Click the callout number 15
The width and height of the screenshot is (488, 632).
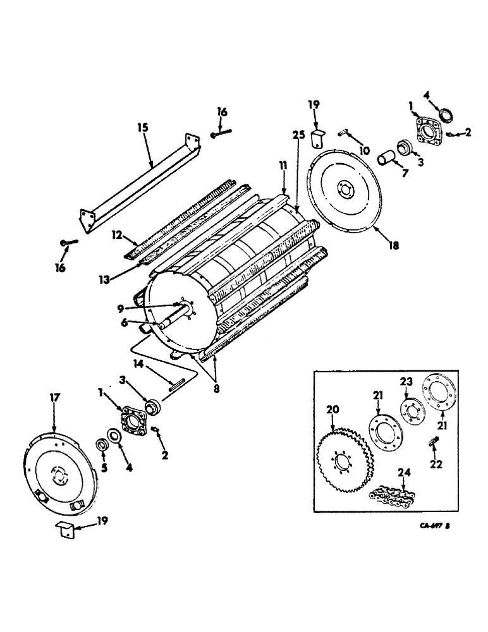click(x=142, y=128)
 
